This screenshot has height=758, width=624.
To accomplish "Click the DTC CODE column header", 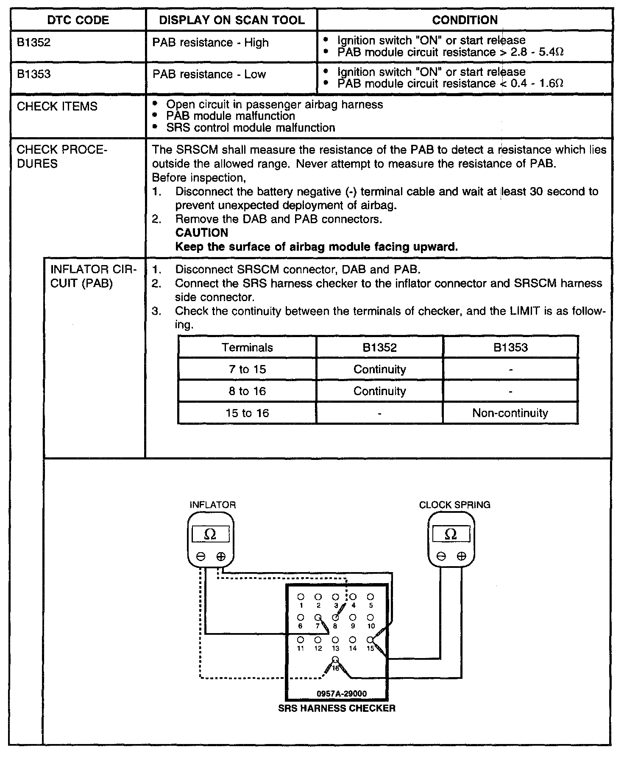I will pyautogui.click(x=78, y=20).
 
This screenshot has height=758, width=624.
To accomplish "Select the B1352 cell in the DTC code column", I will pyautogui.click(x=34, y=42).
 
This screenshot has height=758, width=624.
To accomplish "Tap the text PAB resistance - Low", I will pyautogui.click(x=209, y=74).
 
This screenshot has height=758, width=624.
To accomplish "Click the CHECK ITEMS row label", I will pyautogui.click(x=57, y=106).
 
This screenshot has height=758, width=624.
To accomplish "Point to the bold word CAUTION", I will pyautogui.click(x=202, y=233).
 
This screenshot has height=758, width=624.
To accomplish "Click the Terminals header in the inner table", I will pyautogui.click(x=247, y=348).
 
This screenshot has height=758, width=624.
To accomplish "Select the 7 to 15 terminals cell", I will pyautogui.click(x=247, y=369).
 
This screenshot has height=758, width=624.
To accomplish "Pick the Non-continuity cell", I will pyautogui.click(x=510, y=413).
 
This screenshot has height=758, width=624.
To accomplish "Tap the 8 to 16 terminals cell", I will pyautogui.click(x=247, y=391).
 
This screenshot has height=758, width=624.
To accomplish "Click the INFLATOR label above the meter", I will pyautogui.click(x=212, y=505).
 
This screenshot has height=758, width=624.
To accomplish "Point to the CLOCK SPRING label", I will pyautogui.click(x=454, y=505).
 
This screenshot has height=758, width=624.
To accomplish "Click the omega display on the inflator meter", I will pyautogui.click(x=211, y=534).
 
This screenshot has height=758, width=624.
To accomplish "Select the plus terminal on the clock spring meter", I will pyautogui.click(x=462, y=556).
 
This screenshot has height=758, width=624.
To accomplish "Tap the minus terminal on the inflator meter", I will pyautogui.click(x=201, y=557).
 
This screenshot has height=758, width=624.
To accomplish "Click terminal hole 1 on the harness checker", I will pyautogui.click(x=301, y=597).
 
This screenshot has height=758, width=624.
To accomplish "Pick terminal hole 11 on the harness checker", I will pyautogui.click(x=301, y=639).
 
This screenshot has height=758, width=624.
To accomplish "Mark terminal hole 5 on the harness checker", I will pyautogui.click(x=370, y=597).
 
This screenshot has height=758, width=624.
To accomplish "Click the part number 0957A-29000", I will pyautogui.click(x=342, y=694).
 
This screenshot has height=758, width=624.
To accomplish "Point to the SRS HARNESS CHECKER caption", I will pyautogui.click(x=337, y=708).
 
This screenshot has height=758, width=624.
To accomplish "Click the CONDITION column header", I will pyautogui.click(x=465, y=20).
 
